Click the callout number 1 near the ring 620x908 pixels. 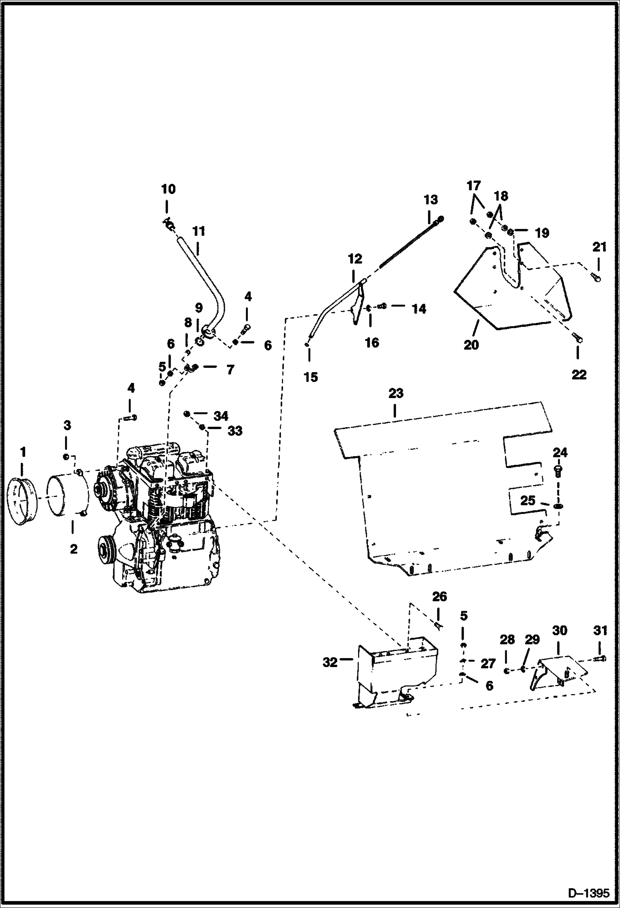23,452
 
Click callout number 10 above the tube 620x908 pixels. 168,190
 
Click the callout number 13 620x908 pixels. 430,200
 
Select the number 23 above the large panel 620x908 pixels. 395,393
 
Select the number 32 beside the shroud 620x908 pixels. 330,663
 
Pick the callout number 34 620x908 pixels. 221,415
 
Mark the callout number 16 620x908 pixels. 372,342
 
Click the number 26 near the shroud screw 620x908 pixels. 440,596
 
